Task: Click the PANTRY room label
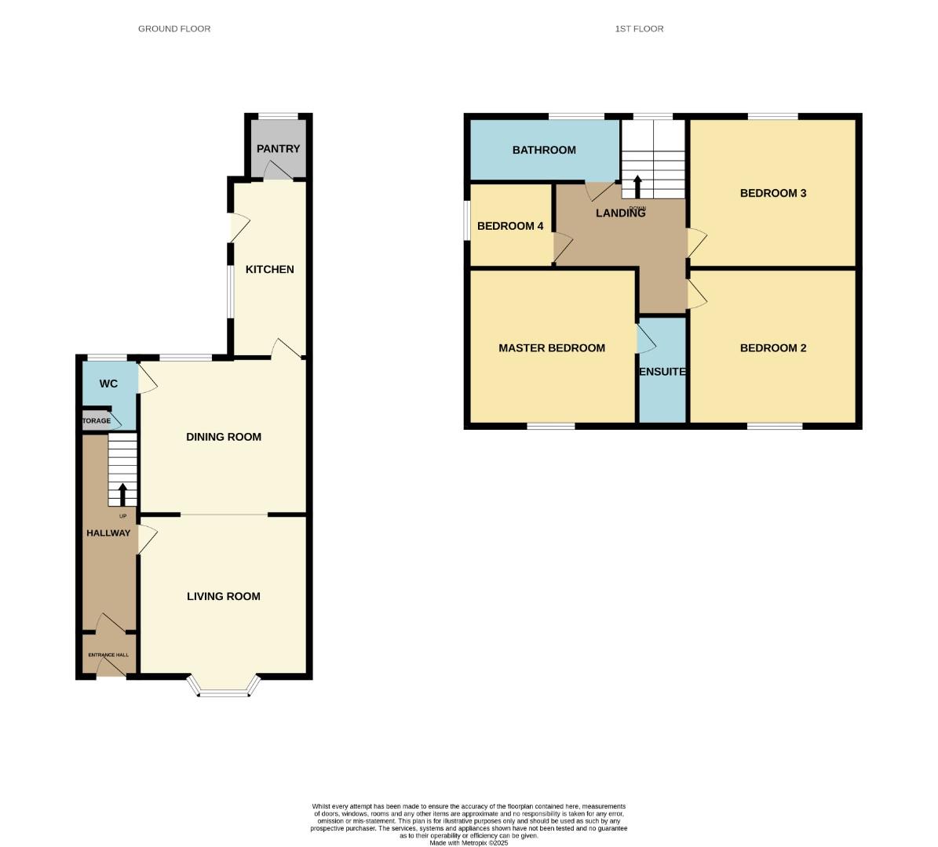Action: (x=278, y=148)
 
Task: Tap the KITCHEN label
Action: (x=270, y=269)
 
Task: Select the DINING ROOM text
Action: (x=224, y=437)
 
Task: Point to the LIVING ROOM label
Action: (x=224, y=596)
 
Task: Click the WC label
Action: (x=108, y=384)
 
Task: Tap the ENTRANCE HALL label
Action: (x=108, y=655)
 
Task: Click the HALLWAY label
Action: (x=108, y=533)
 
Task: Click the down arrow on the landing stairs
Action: (x=637, y=187)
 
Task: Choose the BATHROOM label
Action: (x=544, y=150)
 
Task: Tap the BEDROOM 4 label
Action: (x=510, y=226)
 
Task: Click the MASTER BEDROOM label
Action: (x=552, y=347)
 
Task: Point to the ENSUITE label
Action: (x=662, y=372)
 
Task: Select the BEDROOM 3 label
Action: (x=773, y=193)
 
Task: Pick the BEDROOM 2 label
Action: (x=773, y=347)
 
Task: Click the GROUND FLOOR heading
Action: (x=174, y=29)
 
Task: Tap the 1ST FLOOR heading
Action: (x=639, y=29)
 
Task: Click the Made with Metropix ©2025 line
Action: (x=469, y=842)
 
